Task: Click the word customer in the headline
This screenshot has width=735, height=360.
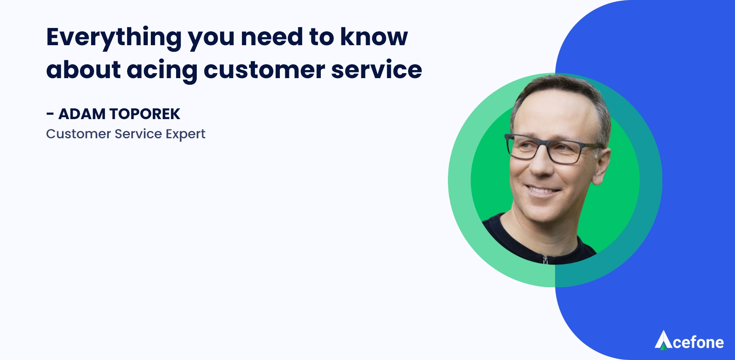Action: (265, 70)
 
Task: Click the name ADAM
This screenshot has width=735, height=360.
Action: (82, 114)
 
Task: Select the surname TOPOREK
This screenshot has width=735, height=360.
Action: (145, 114)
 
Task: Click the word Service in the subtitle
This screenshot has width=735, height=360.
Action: (138, 134)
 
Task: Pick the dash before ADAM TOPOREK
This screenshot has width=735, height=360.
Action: (50, 114)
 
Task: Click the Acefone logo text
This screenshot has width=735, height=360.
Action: (698, 342)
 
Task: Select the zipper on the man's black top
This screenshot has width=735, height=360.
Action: (545, 260)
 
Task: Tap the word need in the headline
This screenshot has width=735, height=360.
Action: (272, 37)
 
